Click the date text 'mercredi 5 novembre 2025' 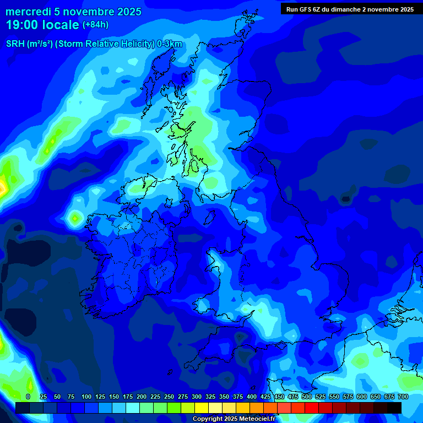click(x=73, y=12)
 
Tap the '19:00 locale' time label click(x=42, y=24)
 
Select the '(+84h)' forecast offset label click(x=95, y=25)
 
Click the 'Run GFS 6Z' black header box click(x=350, y=9)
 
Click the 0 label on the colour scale click(x=28, y=397)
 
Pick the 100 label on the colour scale click(x=86, y=397)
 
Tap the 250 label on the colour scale click(x=169, y=397)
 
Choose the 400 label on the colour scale click(x=252, y=397)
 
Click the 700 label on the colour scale click(x=403, y=397)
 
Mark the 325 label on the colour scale click(x=210, y=397)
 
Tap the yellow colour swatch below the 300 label click(x=202, y=408)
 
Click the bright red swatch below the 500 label click(x=312, y=408)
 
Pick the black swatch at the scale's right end click(x=394, y=408)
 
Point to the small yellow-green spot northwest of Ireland click(x=74, y=219)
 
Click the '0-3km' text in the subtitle click(x=170, y=44)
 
